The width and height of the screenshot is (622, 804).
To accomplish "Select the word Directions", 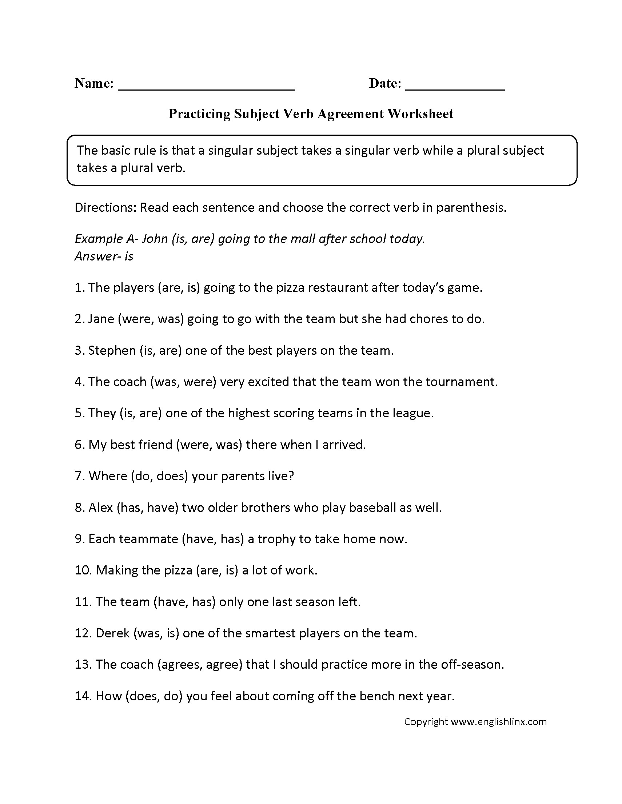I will point(105,208).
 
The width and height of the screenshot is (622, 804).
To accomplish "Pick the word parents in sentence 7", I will point(239,476).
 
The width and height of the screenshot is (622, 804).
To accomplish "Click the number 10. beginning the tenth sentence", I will point(83,570).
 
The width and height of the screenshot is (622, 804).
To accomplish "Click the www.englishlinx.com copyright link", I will point(499,722).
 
